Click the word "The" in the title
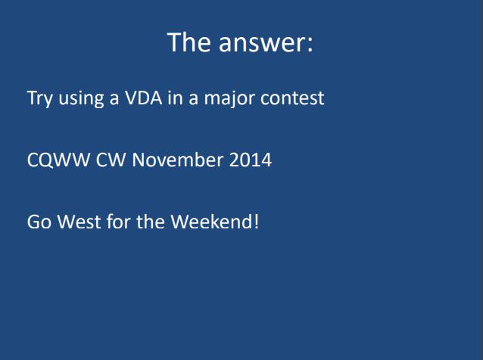click(189, 42)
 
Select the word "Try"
click(39, 99)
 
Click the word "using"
click(81, 99)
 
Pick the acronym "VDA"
click(143, 98)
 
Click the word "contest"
click(292, 99)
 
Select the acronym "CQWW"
click(58, 160)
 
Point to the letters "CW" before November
click(111, 160)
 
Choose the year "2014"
click(251, 160)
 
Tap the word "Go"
click(39, 222)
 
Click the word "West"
click(79, 222)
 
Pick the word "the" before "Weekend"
click(151, 222)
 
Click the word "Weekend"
click(212, 222)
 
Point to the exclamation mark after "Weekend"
click(257, 222)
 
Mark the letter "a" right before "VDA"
click(114, 100)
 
